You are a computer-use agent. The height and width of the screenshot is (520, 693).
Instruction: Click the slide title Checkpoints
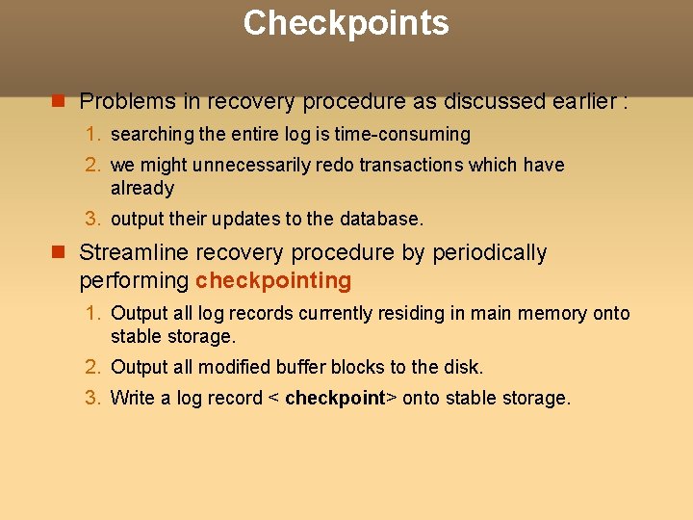tap(346, 22)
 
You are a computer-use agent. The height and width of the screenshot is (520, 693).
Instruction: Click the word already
tap(142, 189)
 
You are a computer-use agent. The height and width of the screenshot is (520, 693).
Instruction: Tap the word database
tap(383, 220)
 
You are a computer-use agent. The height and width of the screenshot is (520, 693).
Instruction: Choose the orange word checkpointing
tap(273, 281)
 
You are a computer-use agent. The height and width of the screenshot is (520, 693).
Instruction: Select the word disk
tap(463, 368)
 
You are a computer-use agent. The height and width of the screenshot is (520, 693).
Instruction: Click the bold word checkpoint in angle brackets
tap(335, 399)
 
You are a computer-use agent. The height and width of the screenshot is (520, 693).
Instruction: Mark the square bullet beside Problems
tap(58, 101)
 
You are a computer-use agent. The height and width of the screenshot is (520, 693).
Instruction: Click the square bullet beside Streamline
tap(58, 253)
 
